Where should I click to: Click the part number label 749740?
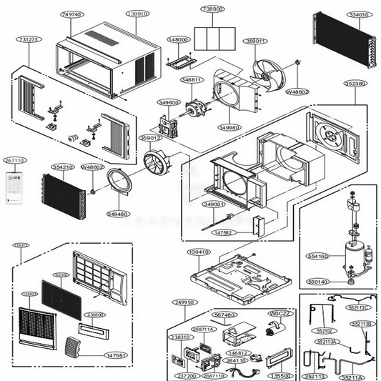pyautogui.click(x=71, y=14)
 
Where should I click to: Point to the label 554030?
pyautogui.click(x=338, y=14)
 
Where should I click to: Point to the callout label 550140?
pyautogui.click(x=318, y=282)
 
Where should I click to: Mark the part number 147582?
pyautogui.click(x=222, y=232)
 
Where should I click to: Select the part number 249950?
pyautogui.click(x=186, y=302)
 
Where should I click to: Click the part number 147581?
pyautogui.click(x=114, y=355)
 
